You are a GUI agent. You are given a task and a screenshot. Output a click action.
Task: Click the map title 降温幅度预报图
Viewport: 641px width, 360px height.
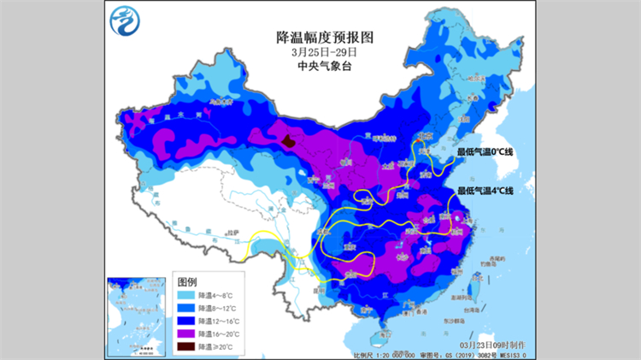tap(320, 38)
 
